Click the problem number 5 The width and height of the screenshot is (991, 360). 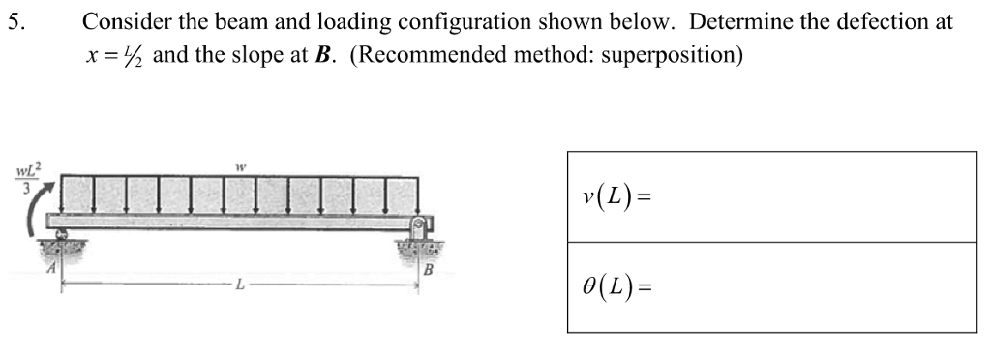click(13, 21)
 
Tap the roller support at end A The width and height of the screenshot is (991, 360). click(62, 236)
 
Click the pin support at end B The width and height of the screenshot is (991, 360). click(418, 232)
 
